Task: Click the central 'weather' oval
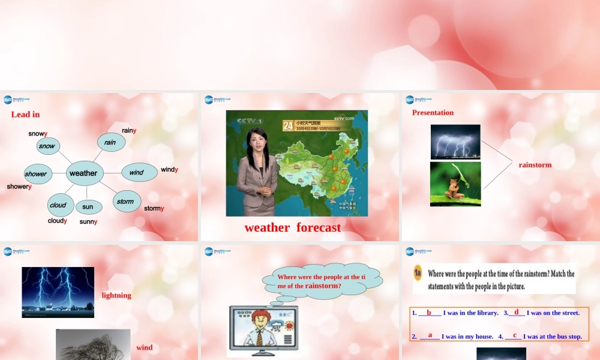(83, 173)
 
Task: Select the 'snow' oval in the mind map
(47, 146)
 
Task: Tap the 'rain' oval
(110, 142)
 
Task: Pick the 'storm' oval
(126, 202)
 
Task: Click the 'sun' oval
(88, 207)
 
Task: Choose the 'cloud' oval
(58, 205)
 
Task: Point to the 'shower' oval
(36, 174)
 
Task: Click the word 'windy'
(169, 170)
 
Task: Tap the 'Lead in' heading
(25, 114)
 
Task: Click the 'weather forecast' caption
(292, 227)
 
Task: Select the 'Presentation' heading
(433, 113)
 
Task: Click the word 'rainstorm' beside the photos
(535, 165)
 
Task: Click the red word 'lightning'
(116, 295)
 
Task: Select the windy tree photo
(93, 344)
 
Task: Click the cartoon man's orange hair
(259, 316)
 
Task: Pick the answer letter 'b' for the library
(429, 312)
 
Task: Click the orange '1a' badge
(419, 274)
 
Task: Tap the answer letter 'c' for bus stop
(514, 335)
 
